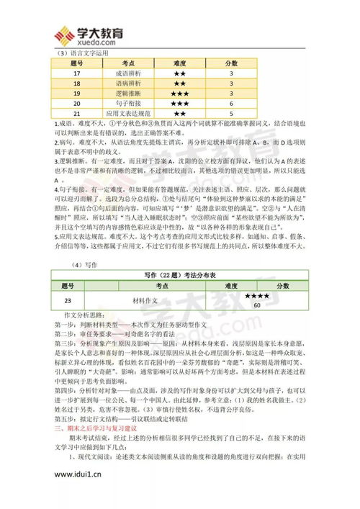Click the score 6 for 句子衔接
tap(231, 104)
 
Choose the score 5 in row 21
tap(231, 114)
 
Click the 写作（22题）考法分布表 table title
tap(180, 274)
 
